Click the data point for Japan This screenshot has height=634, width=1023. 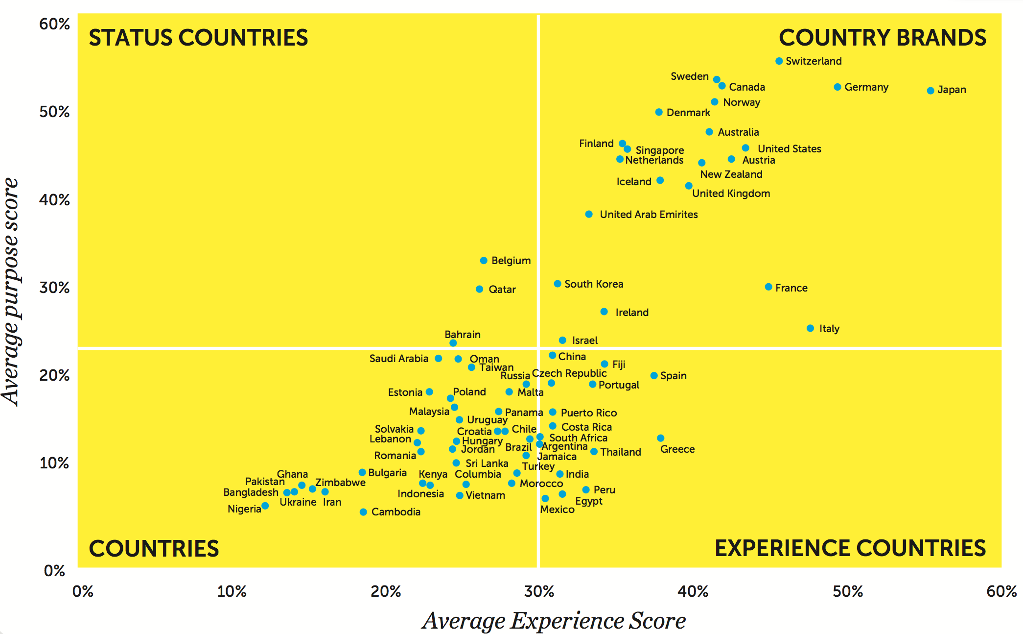pyautogui.click(x=930, y=91)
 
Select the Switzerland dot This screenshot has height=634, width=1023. pyautogui.click(x=779, y=61)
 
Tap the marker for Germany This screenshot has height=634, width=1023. pyautogui.click(x=837, y=87)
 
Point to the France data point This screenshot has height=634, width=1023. pyautogui.click(x=768, y=287)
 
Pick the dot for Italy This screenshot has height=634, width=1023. pyautogui.click(x=810, y=328)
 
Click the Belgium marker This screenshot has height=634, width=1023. pyautogui.click(x=484, y=261)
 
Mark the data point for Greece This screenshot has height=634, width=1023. pyautogui.click(x=661, y=438)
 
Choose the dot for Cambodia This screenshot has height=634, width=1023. pyautogui.click(x=363, y=512)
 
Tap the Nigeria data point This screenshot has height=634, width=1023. pyautogui.click(x=265, y=506)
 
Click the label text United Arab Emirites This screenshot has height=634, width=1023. pyautogui.click(x=649, y=215)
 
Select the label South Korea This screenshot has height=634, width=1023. pyautogui.click(x=594, y=284)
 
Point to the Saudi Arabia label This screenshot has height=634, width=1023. pyautogui.click(x=398, y=359)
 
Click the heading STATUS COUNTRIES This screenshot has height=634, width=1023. pyautogui.click(x=198, y=38)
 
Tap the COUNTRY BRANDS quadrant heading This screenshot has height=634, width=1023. pyautogui.click(x=882, y=38)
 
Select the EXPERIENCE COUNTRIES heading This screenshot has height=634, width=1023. pyautogui.click(x=850, y=548)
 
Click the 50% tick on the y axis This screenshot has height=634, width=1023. pyautogui.click(x=54, y=112)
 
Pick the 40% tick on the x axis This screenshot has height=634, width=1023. pyautogui.click(x=693, y=592)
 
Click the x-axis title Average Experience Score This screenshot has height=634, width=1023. pyautogui.click(x=554, y=621)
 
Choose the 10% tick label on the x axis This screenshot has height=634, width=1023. pyautogui.click(x=232, y=592)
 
